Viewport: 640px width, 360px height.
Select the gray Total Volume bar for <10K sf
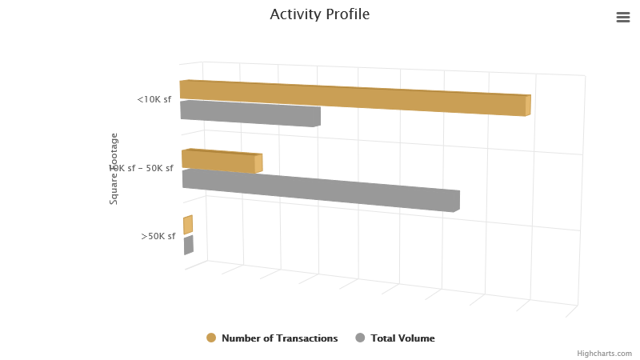point(250,113)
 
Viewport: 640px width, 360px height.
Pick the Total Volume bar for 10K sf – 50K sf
point(320,190)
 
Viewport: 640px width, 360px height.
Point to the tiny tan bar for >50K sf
point(188,225)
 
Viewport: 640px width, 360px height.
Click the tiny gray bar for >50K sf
point(189,245)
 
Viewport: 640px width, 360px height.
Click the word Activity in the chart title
point(294,14)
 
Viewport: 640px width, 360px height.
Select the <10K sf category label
point(154,99)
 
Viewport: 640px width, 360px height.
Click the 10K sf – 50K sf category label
point(142,168)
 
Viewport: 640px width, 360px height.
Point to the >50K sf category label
point(158,236)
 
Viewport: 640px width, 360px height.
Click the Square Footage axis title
point(114,169)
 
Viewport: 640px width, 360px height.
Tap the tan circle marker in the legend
point(211,338)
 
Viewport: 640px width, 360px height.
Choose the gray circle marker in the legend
point(360,338)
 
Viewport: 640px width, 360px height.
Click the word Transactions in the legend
point(306,338)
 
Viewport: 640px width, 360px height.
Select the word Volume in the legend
point(418,338)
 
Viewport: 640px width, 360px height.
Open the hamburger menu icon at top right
point(623,17)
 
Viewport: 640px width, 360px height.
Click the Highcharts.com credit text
point(604,353)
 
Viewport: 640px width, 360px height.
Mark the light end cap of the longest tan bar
point(528,106)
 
